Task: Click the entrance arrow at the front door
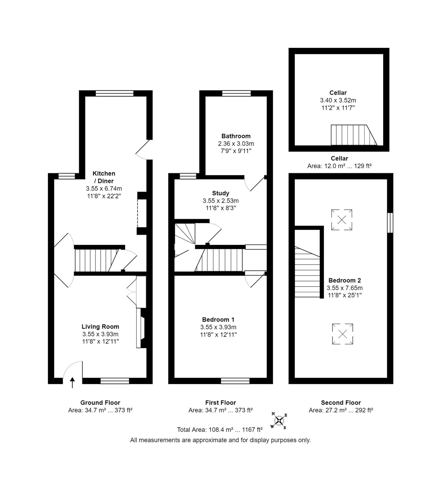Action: tap(72, 382)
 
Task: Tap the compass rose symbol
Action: tap(279, 420)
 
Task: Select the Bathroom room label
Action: tap(236, 136)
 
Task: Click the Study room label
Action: tap(220, 193)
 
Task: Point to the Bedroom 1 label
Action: tap(218, 319)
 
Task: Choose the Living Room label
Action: tap(100, 327)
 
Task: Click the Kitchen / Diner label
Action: tap(104, 177)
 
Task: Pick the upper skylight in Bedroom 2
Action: tap(342, 220)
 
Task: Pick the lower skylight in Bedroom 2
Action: tap(342, 334)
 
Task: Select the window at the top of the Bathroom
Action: tap(236, 94)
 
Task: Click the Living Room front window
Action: tap(115, 381)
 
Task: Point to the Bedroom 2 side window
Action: tap(390, 223)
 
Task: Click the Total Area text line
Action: tap(220, 430)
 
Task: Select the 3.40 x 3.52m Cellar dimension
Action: tap(338, 100)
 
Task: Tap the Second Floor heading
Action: tap(341, 403)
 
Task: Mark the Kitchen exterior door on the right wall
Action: tap(146, 150)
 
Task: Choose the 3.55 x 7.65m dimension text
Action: tap(345, 288)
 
